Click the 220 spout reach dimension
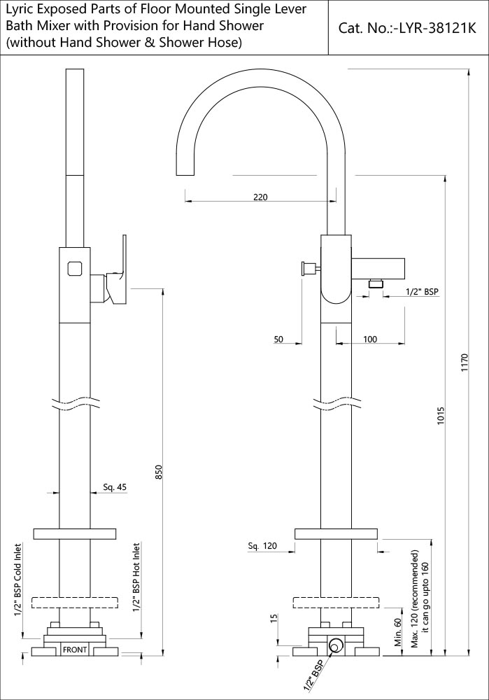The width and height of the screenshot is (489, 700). coord(260,197)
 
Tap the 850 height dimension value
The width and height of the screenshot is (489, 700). coord(159,473)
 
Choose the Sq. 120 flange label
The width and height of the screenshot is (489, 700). coord(262,546)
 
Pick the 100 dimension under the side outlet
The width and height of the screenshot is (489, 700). coord(370,339)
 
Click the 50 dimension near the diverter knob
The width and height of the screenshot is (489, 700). coord(278,339)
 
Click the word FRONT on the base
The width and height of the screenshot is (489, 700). coord(75,650)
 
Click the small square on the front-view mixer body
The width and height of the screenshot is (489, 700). coord(75,267)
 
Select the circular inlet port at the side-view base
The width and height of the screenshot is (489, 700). coord(336,646)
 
